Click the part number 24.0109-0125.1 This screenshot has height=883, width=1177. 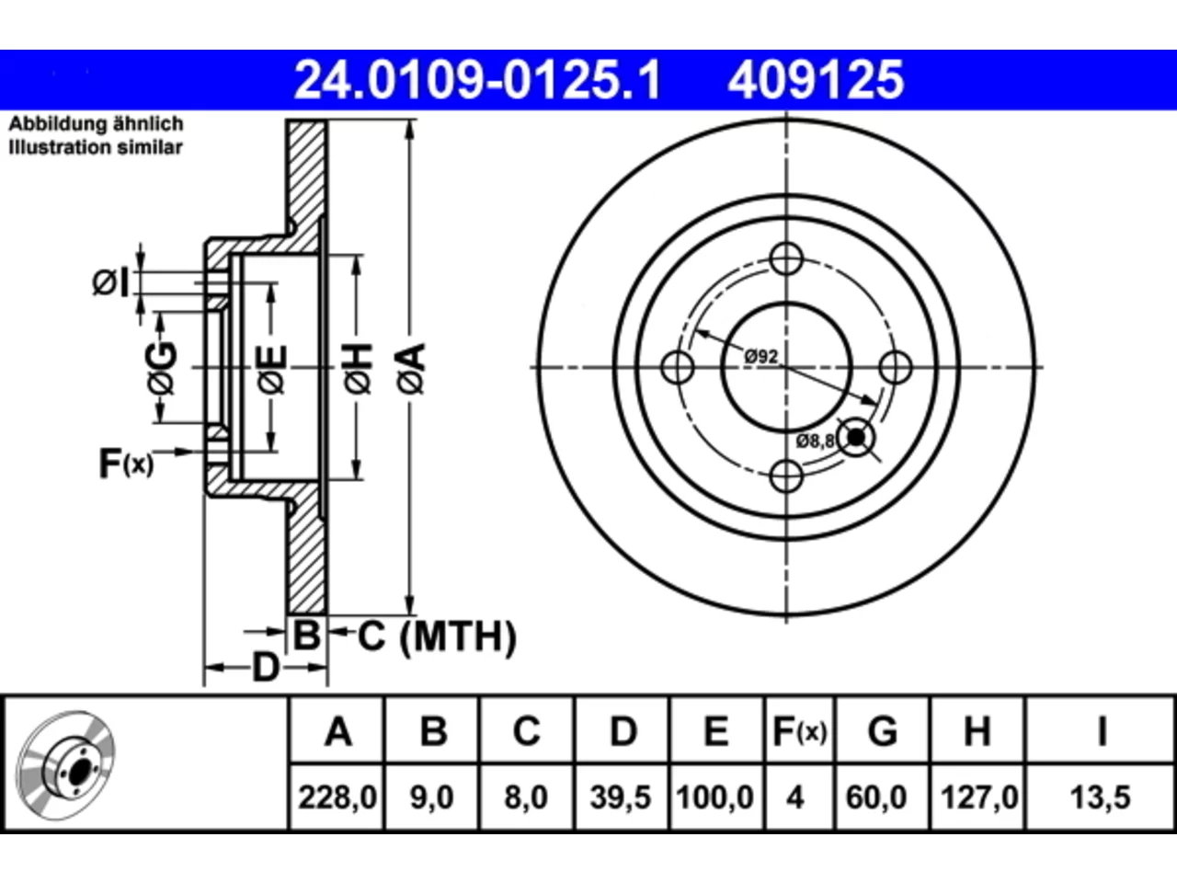coord(477,80)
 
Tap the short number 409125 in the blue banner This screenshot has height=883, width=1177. coord(816,80)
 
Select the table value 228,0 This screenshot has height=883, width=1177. coord(337,797)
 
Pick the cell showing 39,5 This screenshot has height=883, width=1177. coord(621,797)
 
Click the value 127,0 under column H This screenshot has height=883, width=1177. coord(979,797)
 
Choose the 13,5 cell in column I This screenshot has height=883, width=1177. coord(1101,797)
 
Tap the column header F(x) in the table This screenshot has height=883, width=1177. coord(800,731)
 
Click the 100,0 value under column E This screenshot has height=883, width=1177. coord(715,797)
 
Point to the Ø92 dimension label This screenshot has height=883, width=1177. coord(760,356)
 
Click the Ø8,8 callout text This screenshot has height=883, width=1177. coord(815,441)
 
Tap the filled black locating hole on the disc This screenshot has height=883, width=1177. coord(856,438)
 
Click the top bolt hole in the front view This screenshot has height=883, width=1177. coord(786,258)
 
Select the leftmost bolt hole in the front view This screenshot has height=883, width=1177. coord(678,367)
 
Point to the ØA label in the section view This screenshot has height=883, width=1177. coord(412,369)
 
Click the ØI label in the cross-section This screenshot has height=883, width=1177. coord(111,282)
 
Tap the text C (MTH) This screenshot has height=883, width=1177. coord(437,636)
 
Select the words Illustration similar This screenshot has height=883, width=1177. coord(96,147)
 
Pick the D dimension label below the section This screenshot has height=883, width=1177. coord(266,668)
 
